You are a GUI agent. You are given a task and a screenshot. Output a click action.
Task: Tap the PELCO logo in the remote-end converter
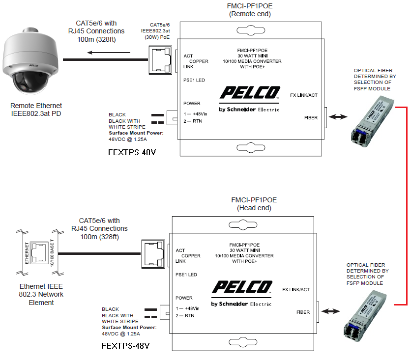[x=250, y=93]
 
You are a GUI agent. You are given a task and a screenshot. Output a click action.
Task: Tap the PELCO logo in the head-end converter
[x=242, y=287]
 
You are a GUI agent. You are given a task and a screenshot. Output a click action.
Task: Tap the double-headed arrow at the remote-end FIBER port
[x=339, y=118]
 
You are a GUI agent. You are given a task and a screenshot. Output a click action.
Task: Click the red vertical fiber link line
[x=407, y=204]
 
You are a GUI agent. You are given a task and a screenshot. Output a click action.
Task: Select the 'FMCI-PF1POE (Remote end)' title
[x=250, y=10]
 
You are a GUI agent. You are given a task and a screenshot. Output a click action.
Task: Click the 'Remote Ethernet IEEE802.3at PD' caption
[x=36, y=110]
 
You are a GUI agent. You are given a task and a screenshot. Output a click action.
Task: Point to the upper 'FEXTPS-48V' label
[x=132, y=152]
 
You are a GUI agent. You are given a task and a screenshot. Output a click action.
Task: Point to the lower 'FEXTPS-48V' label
[x=125, y=346]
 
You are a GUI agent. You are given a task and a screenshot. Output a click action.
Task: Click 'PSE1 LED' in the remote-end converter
[x=194, y=80]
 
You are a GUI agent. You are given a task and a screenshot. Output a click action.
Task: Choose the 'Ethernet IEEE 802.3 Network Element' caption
[x=41, y=294]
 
